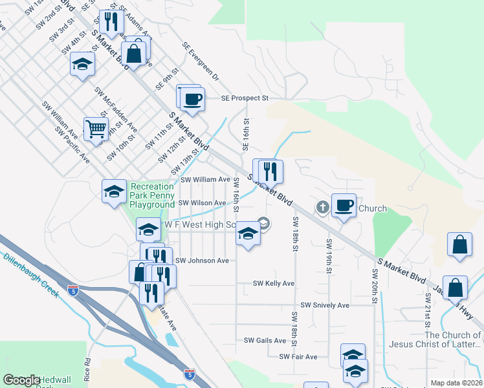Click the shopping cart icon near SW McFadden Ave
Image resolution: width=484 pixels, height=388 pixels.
(x=96, y=129)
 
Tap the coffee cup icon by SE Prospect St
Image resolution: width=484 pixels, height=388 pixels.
(x=192, y=99)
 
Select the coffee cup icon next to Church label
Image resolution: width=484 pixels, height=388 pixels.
(x=344, y=205)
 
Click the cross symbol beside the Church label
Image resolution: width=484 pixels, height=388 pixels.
(x=323, y=208)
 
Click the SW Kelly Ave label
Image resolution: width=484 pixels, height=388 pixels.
(x=273, y=283)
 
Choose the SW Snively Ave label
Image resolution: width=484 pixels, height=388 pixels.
(x=325, y=305)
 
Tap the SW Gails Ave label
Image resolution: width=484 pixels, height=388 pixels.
(x=265, y=340)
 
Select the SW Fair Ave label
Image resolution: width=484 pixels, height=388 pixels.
(x=298, y=356)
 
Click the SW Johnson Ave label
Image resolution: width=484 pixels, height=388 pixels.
(x=202, y=261)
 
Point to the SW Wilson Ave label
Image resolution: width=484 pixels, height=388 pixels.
(x=202, y=202)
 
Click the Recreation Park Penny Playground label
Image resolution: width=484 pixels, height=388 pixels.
(x=153, y=196)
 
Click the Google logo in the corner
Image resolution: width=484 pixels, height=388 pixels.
(x=21, y=380)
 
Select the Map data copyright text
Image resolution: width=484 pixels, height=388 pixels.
(x=456, y=383)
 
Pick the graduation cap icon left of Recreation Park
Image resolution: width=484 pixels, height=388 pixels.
(x=114, y=191)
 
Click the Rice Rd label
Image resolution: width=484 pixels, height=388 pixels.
(x=86, y=370)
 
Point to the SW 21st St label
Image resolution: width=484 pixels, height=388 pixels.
(x=428, y=308)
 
